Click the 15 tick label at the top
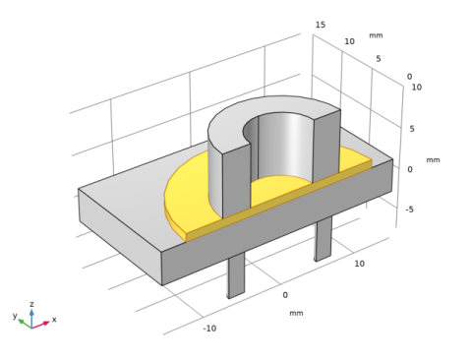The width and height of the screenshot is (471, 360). click(321, 25)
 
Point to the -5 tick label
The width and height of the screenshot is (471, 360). click(410, 210)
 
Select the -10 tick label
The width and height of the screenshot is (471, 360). click(209, 328)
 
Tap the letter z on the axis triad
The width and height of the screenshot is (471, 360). click(31, 304)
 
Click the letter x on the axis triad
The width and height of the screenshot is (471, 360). click(54, 320)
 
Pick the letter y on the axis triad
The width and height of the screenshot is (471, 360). click(15, 316)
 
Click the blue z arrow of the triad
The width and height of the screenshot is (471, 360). click(31, 318)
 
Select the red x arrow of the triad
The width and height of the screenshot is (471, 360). click(40, 325)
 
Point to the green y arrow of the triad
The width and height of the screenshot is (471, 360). click(25, 324)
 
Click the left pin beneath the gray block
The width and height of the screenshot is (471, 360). click(236, 274)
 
